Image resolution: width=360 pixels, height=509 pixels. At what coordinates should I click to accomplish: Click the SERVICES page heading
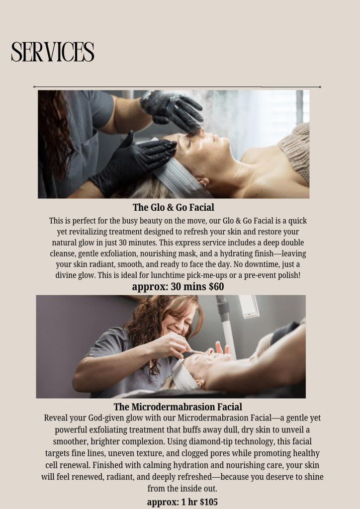click(53, 52)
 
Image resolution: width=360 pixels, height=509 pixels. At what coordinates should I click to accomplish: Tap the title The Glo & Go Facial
click(174, 207)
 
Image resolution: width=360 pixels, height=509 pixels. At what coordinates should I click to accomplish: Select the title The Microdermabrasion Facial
click(178, 407)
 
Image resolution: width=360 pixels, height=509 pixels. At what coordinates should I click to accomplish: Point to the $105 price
click(209, 502)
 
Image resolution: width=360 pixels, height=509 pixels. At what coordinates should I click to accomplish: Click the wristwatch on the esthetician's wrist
click(149, 96)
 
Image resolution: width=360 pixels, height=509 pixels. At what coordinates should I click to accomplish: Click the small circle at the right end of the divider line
click(320, 87)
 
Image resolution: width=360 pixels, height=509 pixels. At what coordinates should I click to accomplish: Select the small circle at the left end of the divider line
click(34, 87)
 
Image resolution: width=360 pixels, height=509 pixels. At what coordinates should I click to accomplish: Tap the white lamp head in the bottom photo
click(249, 306)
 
